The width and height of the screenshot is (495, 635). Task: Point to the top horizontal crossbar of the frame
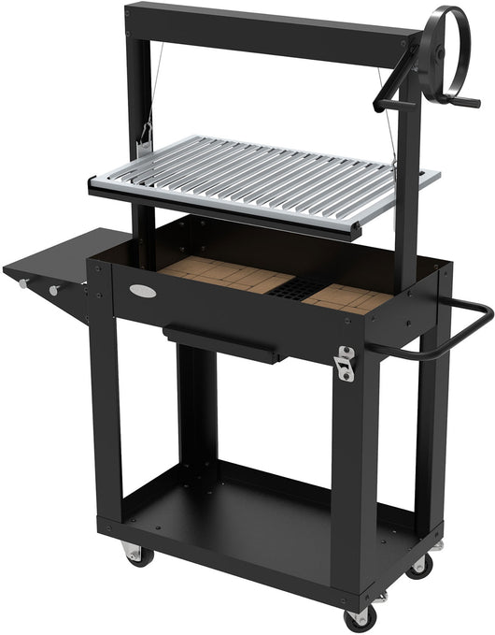271,25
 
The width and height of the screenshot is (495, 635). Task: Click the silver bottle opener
346,363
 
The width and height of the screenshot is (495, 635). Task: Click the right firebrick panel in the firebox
346,296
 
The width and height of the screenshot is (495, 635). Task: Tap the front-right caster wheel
357,618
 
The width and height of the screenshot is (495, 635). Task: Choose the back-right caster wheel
419,564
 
